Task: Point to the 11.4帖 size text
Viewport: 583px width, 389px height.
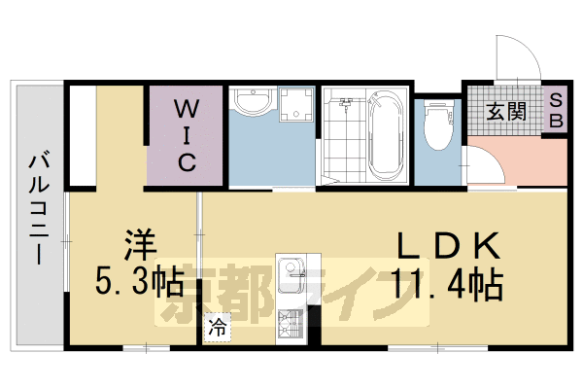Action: click(447, 285)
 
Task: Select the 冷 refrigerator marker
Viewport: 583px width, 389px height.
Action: click(218, 328)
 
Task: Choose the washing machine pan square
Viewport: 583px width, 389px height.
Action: click(295, 107)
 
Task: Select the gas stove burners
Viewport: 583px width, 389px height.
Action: click(291, 321)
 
